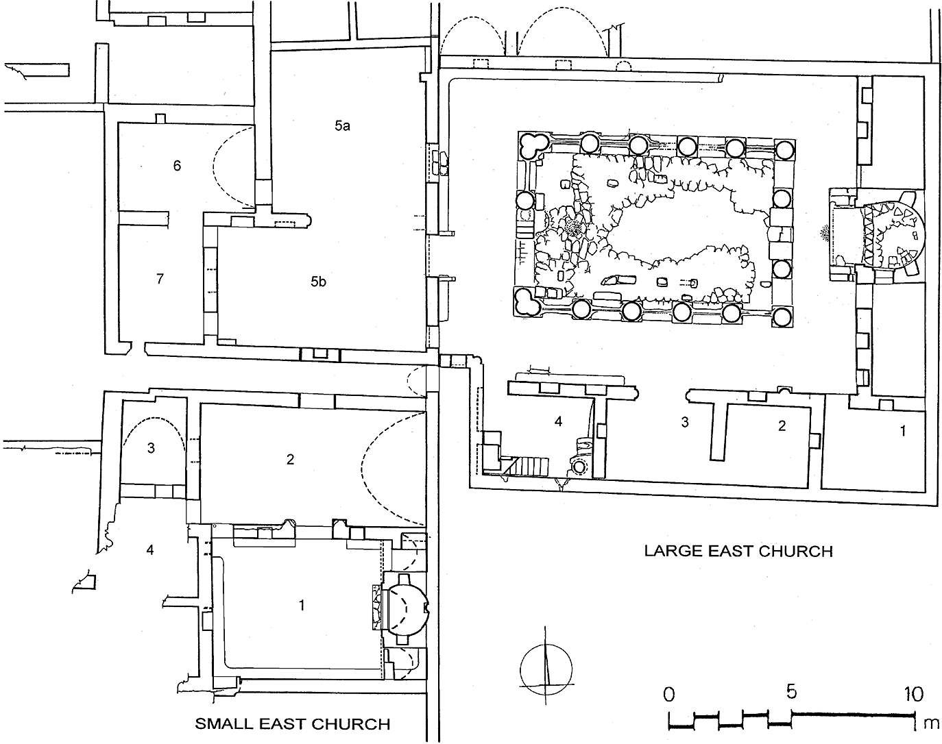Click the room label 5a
342,126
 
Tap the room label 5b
318,282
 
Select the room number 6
177,165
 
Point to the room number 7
160,279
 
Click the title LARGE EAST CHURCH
738,551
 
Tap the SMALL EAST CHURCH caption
293,724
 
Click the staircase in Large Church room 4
525,465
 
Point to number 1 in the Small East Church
301,606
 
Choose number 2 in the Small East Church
290,459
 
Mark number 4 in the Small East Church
150,550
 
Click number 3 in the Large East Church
685,422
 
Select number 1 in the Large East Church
903,431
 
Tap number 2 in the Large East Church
782,425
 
